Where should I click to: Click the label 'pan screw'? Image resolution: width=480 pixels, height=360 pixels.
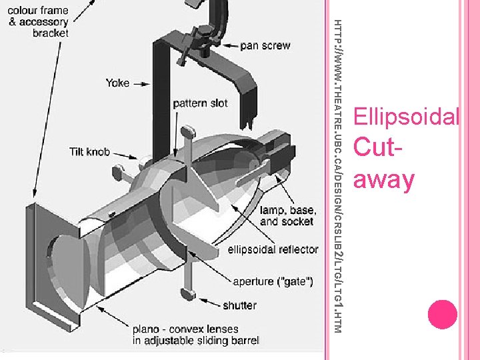pyautogui.click(x=265, y=45)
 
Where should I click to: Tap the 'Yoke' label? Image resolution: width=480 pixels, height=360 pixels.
pyautogui.click(x=117, y=83)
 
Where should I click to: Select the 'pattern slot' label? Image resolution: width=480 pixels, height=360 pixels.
pyautogui.click(x=200, y=103)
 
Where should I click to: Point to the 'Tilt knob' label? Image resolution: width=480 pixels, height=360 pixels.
pyautogui.click(x=89, y=152)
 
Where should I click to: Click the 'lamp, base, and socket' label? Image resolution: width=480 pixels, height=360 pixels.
pyautogui.click(x=286, y=215)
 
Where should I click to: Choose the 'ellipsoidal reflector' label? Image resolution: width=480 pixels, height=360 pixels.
pyautogui.click(x=273, y=249)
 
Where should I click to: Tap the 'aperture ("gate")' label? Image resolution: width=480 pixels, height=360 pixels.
pyautogui.click(x=273, y=281)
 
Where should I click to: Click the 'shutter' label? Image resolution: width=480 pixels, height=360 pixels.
pyautogui.click(x=240, y=305)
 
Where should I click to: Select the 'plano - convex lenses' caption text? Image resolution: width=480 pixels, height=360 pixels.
pyautogui.click(x=185, y=329)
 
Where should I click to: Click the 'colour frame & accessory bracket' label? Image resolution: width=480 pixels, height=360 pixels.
pyautogui.click(x=39, y=21)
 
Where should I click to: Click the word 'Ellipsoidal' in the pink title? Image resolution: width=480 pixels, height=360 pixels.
pyautogui.click(x=406, y=117)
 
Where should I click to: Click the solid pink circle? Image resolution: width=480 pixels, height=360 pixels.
pyautogui.click(x=442, y=314)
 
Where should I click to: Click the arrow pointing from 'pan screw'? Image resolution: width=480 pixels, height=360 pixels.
pyautogui.click(x=229, y=46)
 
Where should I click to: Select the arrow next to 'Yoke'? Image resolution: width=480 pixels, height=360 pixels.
pyautogui.click(x=141, y=83)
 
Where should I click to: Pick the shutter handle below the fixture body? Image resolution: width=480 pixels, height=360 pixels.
pyautogui.click(x=187, y=291)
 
